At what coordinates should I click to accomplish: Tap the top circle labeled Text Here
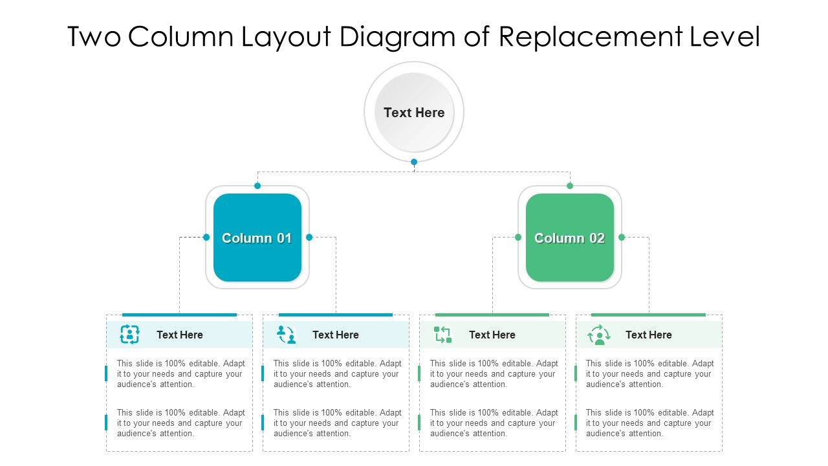414,113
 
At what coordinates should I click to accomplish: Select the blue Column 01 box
257,238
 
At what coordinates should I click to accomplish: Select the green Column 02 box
570,238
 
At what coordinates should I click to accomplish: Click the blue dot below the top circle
414,162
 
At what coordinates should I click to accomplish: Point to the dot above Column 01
257,186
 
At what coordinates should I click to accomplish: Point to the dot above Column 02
570,186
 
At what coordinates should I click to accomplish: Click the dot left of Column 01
206,238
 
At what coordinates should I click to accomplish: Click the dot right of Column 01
309,238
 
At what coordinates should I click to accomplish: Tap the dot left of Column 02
518,238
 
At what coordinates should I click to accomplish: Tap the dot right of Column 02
622,238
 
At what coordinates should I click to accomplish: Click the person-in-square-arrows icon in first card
129,335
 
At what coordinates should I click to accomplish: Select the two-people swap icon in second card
286,335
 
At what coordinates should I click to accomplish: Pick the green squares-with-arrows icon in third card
442,335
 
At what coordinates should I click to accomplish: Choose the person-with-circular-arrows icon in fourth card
599,335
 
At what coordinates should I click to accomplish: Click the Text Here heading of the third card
492,335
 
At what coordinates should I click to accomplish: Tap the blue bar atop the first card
179,315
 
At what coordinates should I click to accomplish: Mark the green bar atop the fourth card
648,315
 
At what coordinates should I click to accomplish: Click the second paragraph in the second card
337,423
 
